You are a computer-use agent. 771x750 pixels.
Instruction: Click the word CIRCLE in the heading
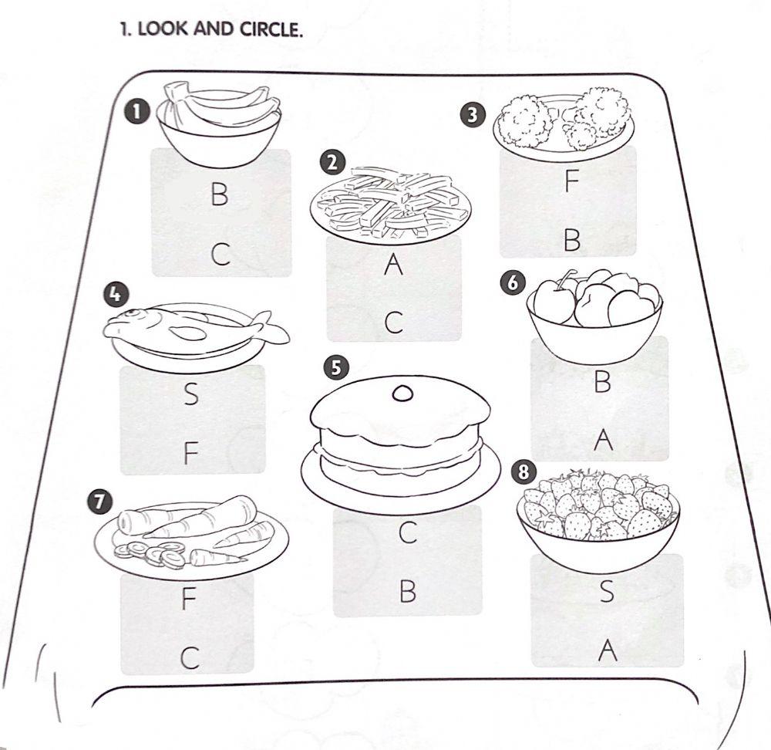point(270,29)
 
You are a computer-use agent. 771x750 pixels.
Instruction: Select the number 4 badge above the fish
point(115,294)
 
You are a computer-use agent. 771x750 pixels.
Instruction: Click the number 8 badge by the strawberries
point(524,472)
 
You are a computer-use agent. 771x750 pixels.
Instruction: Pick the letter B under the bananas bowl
point(219,194)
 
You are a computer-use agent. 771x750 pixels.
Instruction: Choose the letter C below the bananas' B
point(221,255)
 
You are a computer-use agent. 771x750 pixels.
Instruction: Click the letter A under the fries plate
point(393,264)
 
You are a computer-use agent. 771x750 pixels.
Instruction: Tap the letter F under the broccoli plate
point(571,181)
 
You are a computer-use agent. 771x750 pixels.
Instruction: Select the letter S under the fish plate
point(191,394)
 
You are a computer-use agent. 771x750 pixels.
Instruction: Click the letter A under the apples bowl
point(604,440)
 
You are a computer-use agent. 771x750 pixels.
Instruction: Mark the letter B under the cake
point(408,591)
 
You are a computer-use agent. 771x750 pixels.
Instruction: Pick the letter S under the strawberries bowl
point(608,592)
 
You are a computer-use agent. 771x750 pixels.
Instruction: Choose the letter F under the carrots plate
point(189,599)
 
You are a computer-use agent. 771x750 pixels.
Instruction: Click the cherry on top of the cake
point(402,393)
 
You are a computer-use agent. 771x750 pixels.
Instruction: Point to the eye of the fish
point(130,313)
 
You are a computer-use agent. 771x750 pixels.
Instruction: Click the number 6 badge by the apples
point(513,283)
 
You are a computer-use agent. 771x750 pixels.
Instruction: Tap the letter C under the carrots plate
point(190,658)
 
